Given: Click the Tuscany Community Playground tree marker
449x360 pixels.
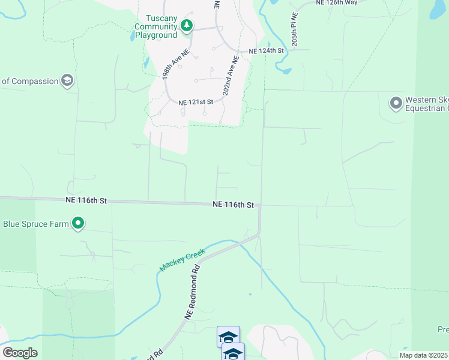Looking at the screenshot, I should click(187, 25).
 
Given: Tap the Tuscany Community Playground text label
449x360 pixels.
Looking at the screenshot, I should click(155, 27).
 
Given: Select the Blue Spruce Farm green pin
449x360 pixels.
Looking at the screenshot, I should click(78, 224).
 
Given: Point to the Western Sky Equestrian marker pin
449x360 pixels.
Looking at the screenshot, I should click(396, 104).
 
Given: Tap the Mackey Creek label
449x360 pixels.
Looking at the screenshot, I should click(182, 260).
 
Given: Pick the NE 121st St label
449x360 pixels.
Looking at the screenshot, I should click(196, 103).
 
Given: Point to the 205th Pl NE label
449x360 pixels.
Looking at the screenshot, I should click(295, 29).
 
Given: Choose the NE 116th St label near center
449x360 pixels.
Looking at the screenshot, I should click(234, 205).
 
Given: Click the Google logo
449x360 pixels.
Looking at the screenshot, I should click(20, 353).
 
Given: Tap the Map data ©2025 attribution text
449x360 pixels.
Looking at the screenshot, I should click(424, 355).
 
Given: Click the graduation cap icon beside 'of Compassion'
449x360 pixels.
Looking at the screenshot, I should click(68, 81).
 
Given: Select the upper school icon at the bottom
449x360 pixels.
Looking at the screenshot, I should click(228, 336).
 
